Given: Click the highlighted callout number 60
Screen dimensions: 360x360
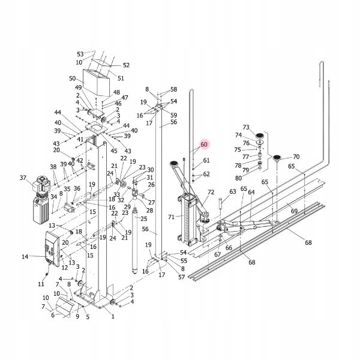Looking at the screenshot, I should (x=203, y=145).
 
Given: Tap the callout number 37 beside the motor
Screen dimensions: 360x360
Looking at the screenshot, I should (x=23, y=178).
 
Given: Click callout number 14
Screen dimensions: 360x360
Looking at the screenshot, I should (x=25, y=257).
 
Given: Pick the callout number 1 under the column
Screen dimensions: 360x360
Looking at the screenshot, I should (x=112, y=317).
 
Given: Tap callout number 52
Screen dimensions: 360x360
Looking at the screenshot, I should (x=126, y=65).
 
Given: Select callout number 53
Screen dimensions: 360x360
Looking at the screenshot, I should (x=80, y=55).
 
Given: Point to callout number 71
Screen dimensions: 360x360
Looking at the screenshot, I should (x=171, y=217).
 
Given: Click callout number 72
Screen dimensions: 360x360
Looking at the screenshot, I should (x=211, y=192).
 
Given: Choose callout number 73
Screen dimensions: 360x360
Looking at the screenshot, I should (x=246, y=127).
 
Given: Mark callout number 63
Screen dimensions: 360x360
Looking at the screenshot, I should (x=232, y=192).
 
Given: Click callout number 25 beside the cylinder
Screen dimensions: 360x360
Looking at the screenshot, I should (x=144, y=218).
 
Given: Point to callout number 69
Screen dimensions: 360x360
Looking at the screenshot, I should (x=294, y=211).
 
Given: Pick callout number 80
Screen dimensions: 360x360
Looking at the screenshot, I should (x=239, y=178).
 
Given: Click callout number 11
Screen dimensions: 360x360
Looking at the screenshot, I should (x=41, y=283).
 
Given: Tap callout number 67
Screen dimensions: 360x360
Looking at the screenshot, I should (x=217, y=254).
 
